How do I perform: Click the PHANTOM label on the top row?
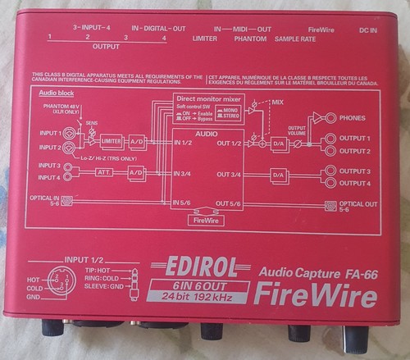[x=250, y=39]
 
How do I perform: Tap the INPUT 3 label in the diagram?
[x=46, y=166]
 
